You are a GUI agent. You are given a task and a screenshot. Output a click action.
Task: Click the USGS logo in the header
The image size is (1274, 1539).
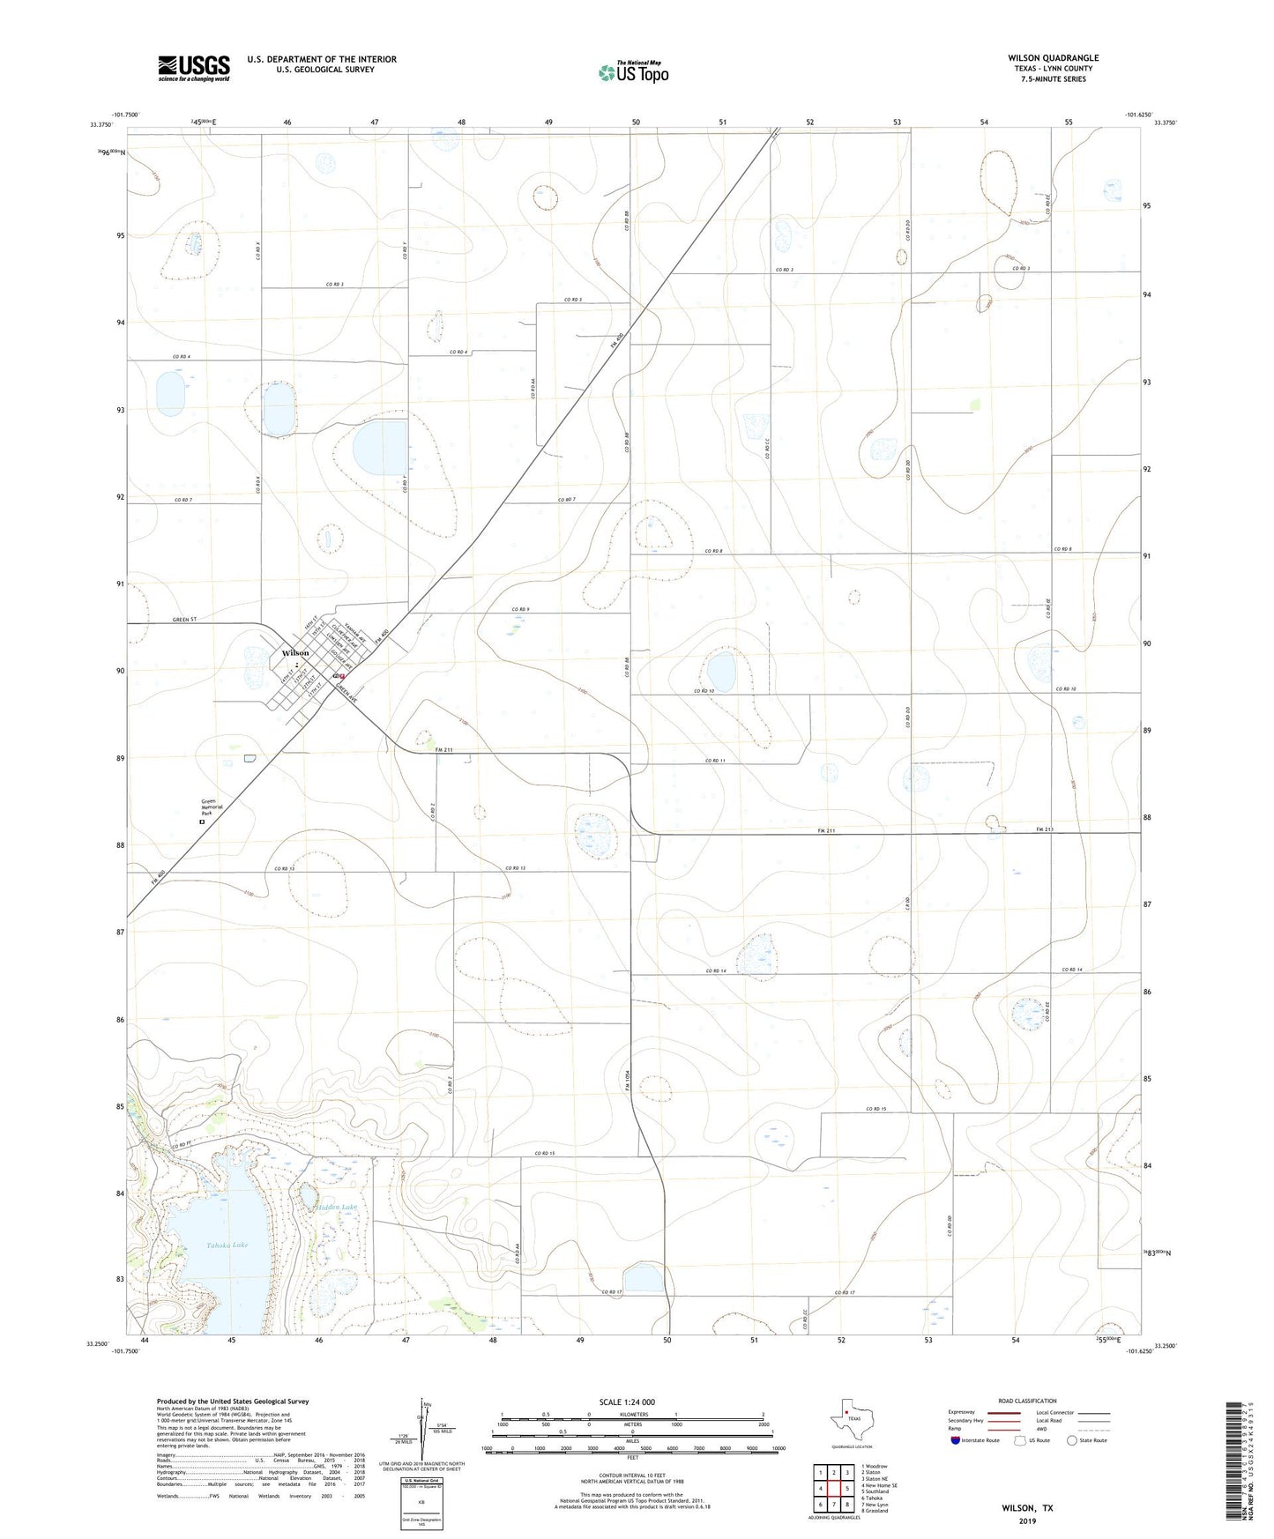pyautogui.click(x=193, y=68)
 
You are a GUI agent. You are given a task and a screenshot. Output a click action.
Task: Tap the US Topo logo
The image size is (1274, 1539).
pyautogui.click(x=632, y=72)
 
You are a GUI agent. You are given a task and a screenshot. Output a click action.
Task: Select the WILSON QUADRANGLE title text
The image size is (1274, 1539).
pyautogui.click(x=1053, y=58)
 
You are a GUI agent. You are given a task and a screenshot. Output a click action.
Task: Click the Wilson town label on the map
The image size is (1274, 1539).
pyautogui.click(x=295, y=652)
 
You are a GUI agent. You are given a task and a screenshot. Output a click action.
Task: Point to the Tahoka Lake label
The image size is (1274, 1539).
pyautogui.click(x=227, y=1245)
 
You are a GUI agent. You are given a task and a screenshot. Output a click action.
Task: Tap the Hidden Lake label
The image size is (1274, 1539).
pyautogui.click(x=339, y=1207)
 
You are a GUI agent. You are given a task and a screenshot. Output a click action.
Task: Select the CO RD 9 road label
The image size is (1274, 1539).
pyautogui.click(x=519, y=609)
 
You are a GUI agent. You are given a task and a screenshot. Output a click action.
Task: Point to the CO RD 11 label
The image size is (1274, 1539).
pyautogui.click(x=715, y=761)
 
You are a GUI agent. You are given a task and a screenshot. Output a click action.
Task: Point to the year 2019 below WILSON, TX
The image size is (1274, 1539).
pyautogui.click(x=1026, y=1521)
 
